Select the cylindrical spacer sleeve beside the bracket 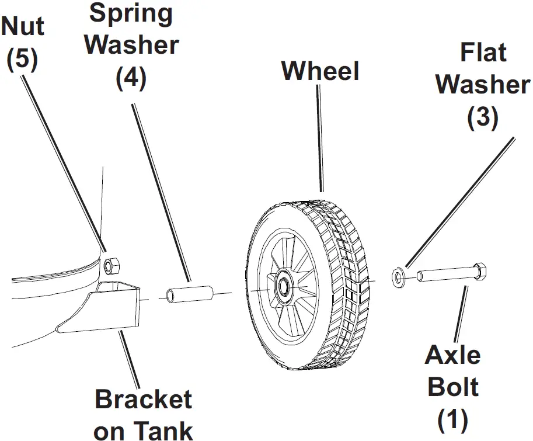[x=189, y=293]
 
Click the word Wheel [x=320, y=71]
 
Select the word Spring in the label [x=131, y=13]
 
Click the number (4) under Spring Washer [x=131, y=78]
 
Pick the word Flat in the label [x=483, y=53]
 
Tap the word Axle [x=452, y=355]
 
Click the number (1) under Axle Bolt [x=452, y=419]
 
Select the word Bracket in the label [x=144, y=400]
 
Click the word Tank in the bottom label [x=167, y=431]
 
